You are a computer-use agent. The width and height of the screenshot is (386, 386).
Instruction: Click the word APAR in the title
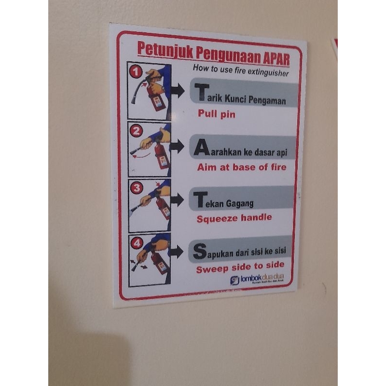pyautogui.click(x=276, y=58)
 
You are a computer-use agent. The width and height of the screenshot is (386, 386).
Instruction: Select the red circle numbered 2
pyautogui.click(x=137, y=131)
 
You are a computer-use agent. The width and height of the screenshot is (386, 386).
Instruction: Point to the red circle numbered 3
pyautogui.click(x=137, y=188)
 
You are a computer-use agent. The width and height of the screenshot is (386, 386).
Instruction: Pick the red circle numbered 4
pyautogui.click(x=137, y=243)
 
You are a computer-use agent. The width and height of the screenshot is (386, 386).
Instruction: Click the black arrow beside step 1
pyautogui.click(x=177, y=90)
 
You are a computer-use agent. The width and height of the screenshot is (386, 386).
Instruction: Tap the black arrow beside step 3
pyautogui.click(x=177, y=200)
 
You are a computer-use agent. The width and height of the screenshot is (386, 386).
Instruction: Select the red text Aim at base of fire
pyautogui.click(x=242, y=167)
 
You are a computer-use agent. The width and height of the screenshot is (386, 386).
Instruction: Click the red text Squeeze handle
pyautogui.click(x=234, y=218)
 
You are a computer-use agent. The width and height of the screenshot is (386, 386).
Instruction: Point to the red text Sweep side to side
pyautogui.click(x=240, y=266)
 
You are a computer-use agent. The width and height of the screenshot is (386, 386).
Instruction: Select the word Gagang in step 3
pyautogui.click(x=242, y=203)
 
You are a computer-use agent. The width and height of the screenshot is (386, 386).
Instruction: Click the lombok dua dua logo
pyautogui.click(x=257, y=279)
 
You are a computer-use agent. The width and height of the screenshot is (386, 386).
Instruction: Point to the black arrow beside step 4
pyautogui.click(x=177, y=251)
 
